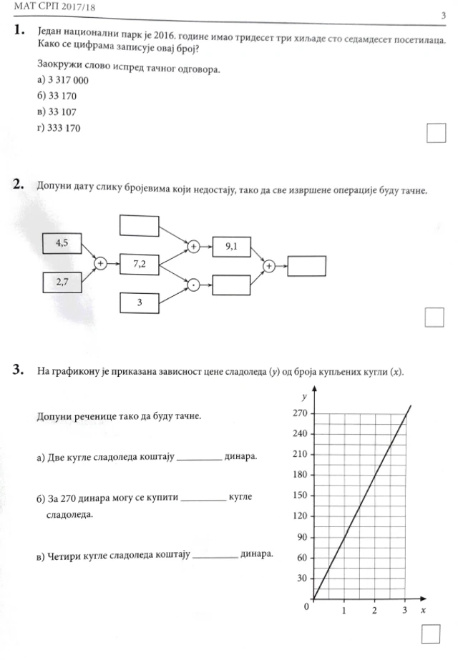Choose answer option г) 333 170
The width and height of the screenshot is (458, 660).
59,128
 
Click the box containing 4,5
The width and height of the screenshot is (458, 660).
62,243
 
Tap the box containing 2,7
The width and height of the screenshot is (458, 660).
62,282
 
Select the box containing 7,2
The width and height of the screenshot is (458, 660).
139,264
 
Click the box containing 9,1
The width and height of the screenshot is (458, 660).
231,247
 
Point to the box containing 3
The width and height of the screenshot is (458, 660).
139,302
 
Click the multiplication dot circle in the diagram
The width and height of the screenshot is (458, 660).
193,284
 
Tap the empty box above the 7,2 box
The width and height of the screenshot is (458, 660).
139,225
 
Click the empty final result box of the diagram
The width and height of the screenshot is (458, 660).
306,265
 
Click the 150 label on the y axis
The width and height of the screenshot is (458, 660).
301,496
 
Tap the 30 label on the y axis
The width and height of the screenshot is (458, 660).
303,578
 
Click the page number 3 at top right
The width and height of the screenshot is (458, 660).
444,16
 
